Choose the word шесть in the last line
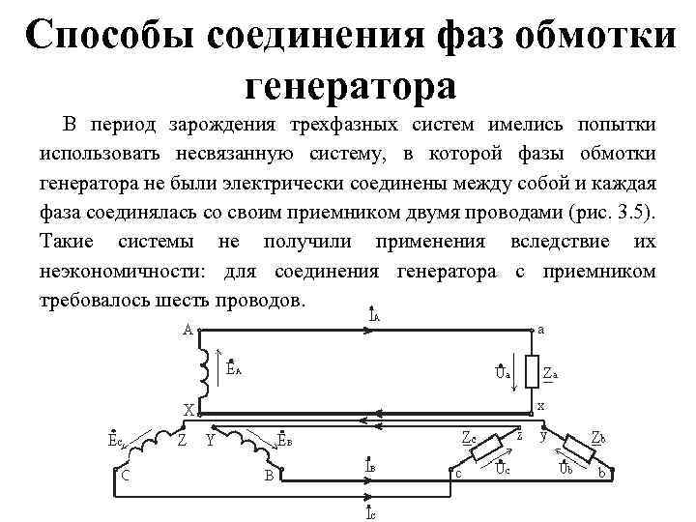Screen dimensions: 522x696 click(x=193, y=301)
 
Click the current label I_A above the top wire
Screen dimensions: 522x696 click(x=374, y=315)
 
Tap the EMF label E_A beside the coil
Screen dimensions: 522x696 click(x=234, y=367)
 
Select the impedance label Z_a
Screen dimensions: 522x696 click(x=550, y=373)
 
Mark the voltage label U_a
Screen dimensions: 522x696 click(x=502, y=373)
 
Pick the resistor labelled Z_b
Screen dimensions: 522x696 click(x=583, y=449)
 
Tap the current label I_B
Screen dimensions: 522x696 click(x=371, y=467)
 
